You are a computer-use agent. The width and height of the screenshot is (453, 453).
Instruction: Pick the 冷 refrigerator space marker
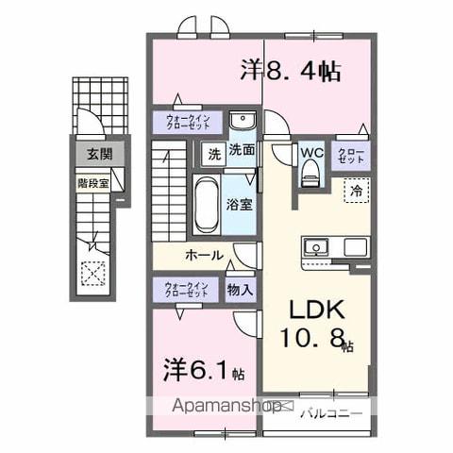click(x=357, y=188)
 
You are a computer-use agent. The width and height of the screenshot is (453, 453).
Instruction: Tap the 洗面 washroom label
click(x=242, y=148)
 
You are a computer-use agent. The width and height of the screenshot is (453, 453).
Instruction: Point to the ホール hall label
click(x=203, y=255)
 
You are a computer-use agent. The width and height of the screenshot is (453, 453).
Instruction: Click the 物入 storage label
click(x=240, y=290)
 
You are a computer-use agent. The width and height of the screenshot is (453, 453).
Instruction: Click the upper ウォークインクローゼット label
click(x=188, y=122)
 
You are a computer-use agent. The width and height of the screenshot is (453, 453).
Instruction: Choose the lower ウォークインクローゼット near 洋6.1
click(x=185, y=290)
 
